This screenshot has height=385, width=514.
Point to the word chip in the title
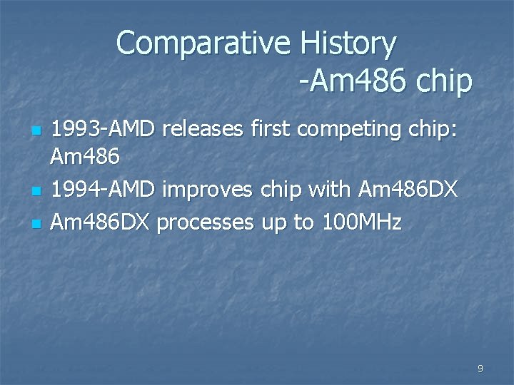pos(443,82)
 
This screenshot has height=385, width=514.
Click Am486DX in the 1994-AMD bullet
pos(407,190)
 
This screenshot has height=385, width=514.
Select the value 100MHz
pos(361,223)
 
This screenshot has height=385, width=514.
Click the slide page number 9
pos(480,369)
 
